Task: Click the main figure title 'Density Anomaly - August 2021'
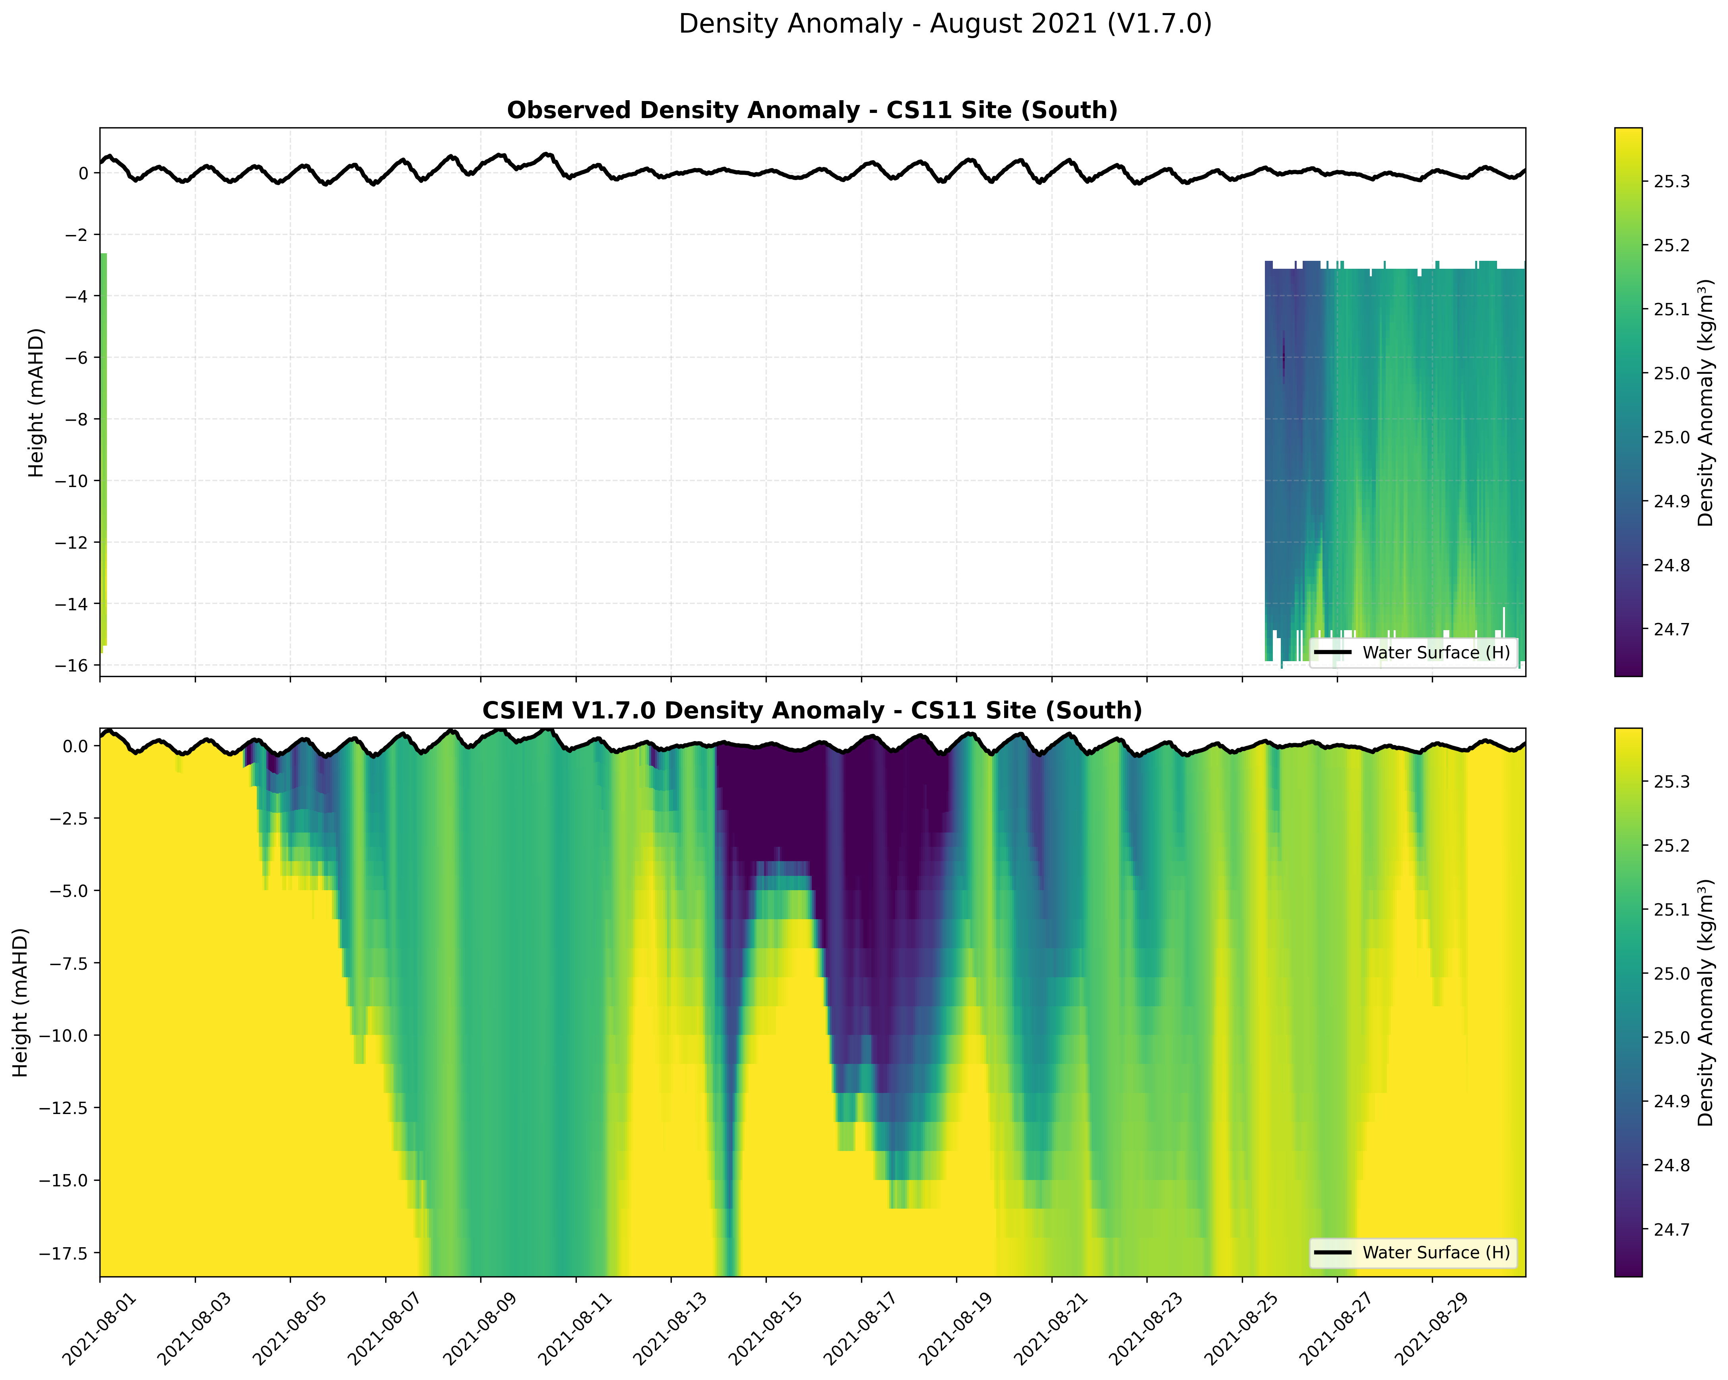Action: click(x=945, y=24)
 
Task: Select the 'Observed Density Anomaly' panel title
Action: click(x=812, y=111)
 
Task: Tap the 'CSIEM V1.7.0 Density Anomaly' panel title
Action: click(x=812, y=711)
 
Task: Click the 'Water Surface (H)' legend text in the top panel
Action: click(x=1435, y=653)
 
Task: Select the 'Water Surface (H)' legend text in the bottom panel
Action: click(x=1435, y=1253)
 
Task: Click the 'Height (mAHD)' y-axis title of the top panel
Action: click(x=36, y=402)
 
